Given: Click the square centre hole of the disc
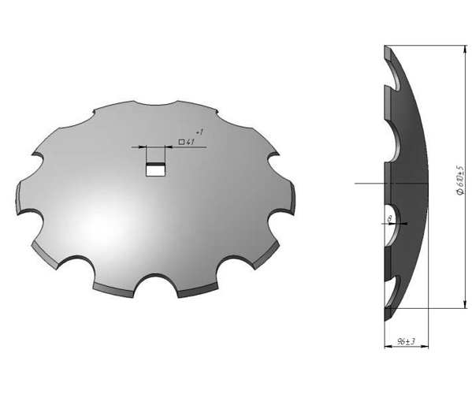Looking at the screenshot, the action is pyautogui.click(x=155, y=169).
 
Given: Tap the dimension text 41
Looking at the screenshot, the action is pyautogui.click(x=190, y=142).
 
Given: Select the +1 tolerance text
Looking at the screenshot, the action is pyautogui.click(x=200, y=132).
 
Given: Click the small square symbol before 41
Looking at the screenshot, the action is pyautogui.click(x=181, y=142).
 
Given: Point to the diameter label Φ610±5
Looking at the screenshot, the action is pyautogui.click(x=460, y=180).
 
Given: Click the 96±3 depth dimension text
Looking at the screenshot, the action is pyautogui.click(x=406, y=342).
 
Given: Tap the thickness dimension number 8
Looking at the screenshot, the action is pyautogui.click(x=390, y=219).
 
